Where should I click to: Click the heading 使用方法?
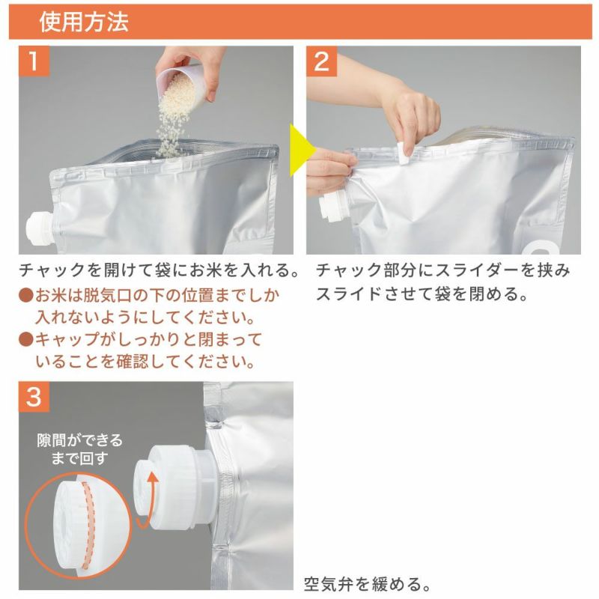point(84,21)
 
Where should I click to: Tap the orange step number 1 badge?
point(34,61)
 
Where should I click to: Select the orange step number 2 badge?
point(322,61)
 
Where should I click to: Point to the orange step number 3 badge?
point(34,397)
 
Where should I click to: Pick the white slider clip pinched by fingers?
point(403,153)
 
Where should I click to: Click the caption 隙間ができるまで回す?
point(79,449)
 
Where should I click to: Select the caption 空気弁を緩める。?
point(368,584)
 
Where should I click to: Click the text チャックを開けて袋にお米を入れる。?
point(159,270)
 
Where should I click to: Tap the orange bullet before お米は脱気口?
point(26,295)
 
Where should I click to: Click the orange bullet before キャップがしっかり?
point(26,339)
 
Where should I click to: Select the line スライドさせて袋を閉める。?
point(422,294)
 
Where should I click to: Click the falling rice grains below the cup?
point(172,126)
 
